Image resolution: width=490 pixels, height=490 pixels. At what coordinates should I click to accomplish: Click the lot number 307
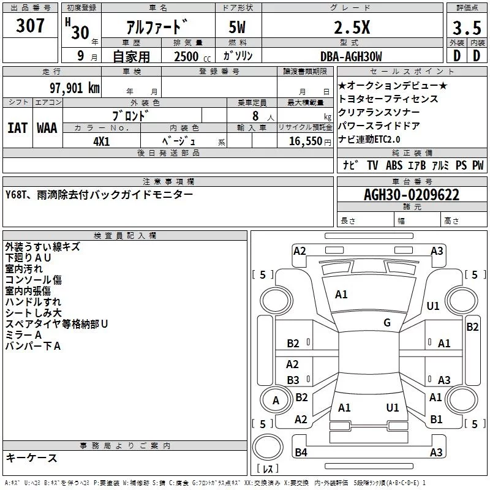click(31, 26)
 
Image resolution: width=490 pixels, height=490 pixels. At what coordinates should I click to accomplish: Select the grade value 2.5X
click(351, 27)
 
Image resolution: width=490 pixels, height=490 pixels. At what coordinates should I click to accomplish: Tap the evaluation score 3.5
click(466, 28)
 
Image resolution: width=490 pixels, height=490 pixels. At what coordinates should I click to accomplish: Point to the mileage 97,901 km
click(74, 88)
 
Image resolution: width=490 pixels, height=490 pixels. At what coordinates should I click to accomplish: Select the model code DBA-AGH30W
click(351, 56)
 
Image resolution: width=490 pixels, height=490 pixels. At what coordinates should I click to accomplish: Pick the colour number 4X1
click(101, 140)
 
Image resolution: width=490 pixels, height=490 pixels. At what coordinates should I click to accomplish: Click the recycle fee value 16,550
click(304, 141)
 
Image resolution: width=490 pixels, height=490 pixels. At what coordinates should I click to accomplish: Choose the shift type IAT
click(18, 128)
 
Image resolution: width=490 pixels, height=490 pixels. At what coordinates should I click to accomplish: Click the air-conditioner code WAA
click(47, 128)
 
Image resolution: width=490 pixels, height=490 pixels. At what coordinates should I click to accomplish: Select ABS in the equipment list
click(394, 165)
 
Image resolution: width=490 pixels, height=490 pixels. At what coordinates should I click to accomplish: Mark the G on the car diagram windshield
click(387, 323)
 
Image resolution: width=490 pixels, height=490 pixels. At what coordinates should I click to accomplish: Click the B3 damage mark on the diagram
click(293, 380)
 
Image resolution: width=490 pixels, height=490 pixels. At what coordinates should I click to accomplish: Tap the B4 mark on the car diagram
click(301, 453)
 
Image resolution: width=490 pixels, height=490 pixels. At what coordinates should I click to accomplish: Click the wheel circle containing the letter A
click(276, 401)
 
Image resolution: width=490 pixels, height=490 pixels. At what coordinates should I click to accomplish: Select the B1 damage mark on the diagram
click(436, 419)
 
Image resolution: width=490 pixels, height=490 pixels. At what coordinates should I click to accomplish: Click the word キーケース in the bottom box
click(32, 458)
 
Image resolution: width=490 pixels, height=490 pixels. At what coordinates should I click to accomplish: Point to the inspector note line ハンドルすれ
click(33, 302)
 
